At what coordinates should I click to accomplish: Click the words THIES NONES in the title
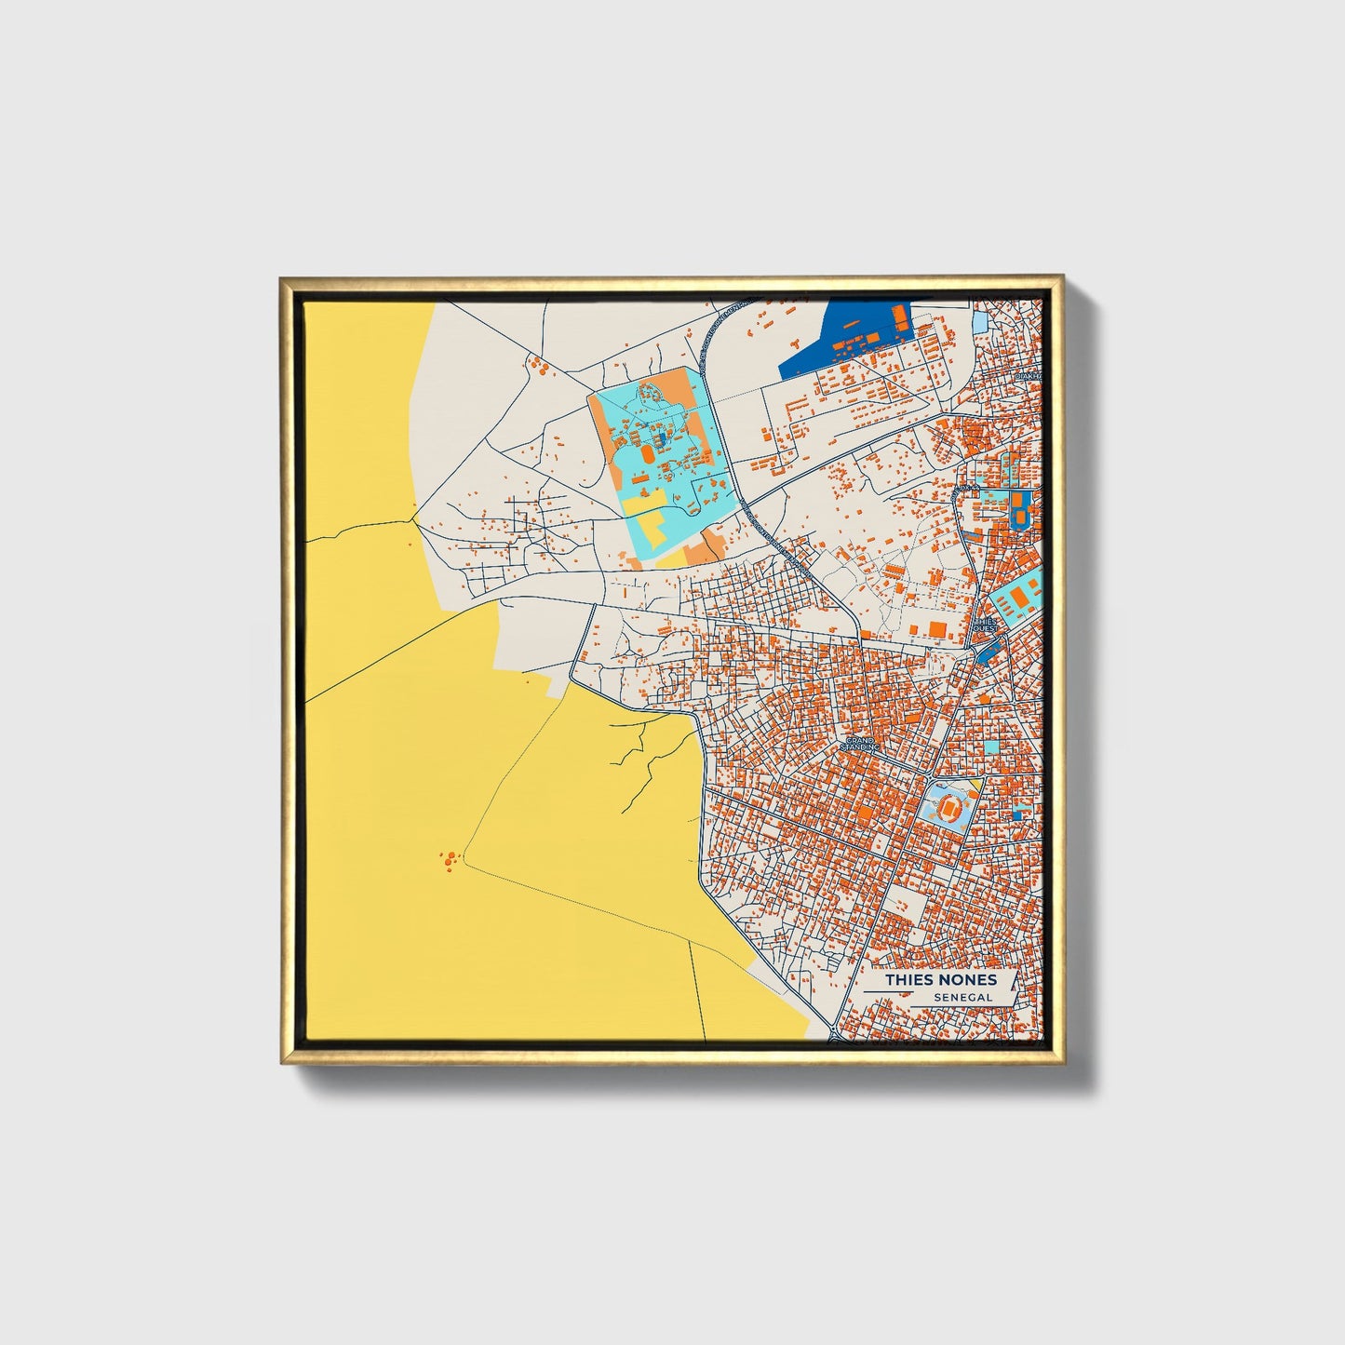click(940, 979)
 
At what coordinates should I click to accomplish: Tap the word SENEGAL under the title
click(964, 998)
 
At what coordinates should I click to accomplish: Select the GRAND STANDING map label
click(859, 745)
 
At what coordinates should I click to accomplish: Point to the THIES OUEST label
click(985, 625)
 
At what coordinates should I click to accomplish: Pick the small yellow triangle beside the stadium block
click(974, 787)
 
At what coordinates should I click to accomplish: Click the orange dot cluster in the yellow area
click(450, 859)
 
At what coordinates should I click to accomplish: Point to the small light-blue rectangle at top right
click(980, 322)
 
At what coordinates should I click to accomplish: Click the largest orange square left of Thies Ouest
click(936, 629)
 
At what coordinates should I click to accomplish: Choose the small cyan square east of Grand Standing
click(991, 746)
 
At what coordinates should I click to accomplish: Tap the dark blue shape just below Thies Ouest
click(985, 651)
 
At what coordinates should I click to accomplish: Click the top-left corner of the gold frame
click(282, 278)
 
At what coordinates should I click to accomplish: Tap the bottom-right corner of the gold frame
click(1062, 1063)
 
